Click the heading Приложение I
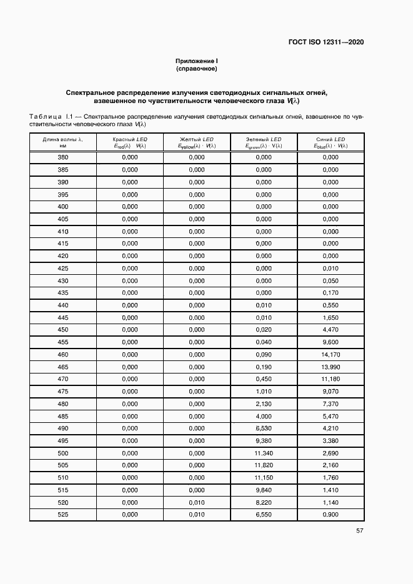click(x=196, y=61)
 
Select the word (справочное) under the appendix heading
click(x=196, y=69)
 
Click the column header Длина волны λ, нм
click(x=62, y=142)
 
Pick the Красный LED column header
click(x=130, y=142)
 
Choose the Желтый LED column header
click(x=197, y=142)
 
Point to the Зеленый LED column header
click(x=264, y=142)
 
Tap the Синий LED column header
click(x=331, y=142)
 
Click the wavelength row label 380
click(x=62, y=158)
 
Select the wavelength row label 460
click(x=62, y=354)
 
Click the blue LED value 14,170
click(x=331, y=354)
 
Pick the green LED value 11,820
click(x=264, y=465)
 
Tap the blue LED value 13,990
click(x=331, y=367)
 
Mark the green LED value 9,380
click(x=264, y=440)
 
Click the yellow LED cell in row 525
click(x=197, y=514)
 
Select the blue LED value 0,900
click(x=331, y=514)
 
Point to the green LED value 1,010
click(x=264, y=391)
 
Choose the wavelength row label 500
click(x=62, y=453)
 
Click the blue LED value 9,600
click(x=331, y=342)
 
